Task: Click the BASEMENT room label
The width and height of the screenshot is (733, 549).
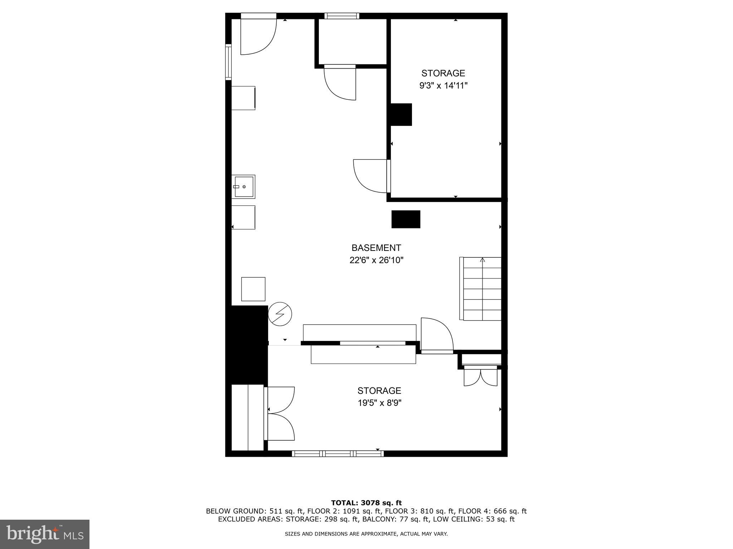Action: point(376,248)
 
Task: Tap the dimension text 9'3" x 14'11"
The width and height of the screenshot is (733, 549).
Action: point(443,86)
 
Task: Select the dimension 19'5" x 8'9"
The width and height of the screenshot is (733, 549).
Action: point(379,403)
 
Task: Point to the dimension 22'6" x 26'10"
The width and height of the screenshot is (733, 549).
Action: point(376,260)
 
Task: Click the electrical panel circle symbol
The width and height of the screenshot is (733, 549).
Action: point(280,314)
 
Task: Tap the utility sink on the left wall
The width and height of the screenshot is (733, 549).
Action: point(243,187)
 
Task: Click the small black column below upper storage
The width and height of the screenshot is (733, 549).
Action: point(406,219)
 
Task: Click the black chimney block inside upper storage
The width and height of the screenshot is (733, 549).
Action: point(401,114)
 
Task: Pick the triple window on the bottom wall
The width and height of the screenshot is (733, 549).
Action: point(338,454)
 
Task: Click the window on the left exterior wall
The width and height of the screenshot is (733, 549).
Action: point(228,61)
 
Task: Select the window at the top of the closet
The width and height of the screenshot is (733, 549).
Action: point(341,16)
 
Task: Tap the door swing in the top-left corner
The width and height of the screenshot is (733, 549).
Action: point(258,36)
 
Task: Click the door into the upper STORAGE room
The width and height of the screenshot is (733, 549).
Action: point(370,176)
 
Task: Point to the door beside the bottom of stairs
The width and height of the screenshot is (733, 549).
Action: point(437,335)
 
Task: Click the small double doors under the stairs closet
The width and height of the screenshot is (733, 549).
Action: point(480,377)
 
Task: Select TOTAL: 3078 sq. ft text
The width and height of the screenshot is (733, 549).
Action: point(366,503)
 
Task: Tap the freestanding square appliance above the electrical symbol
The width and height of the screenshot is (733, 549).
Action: point(253,289)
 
